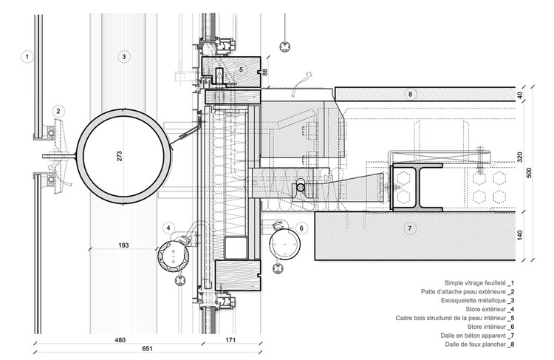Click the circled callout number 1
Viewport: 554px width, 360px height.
point(27,55)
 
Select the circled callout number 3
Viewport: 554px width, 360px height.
point(124,55)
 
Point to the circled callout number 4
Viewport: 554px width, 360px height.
point(170,227)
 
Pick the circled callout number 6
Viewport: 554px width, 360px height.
point(302,229)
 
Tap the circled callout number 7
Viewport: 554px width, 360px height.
point(410,228)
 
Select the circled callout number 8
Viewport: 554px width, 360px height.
point(411,94)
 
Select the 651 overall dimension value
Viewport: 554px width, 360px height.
point(119,353)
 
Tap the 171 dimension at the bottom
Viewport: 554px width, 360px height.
point(230,341)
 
